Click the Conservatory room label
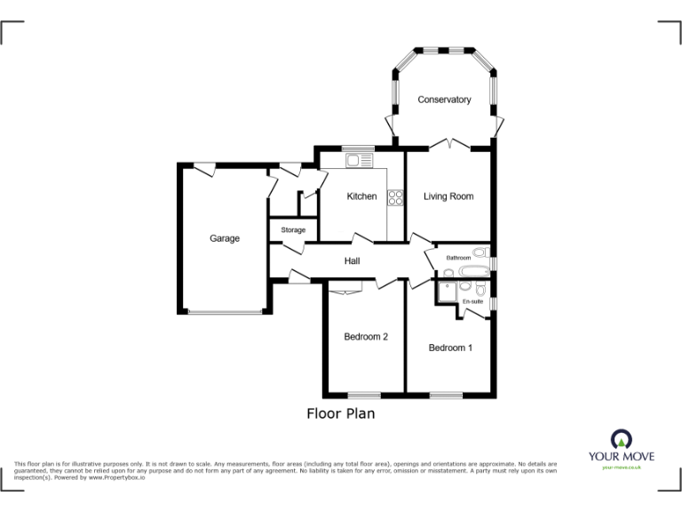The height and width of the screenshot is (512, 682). pyautogui.click(x=444, y=100)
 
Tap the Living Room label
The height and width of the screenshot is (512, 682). pyautogui.click(x=448, y=196)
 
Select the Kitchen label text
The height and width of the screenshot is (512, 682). pyautogui.click(x=361, y=196)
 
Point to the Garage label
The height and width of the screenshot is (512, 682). pyautogui.click(x=225, y=238)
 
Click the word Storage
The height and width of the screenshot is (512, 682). pyautogui.click(x=293, y=230)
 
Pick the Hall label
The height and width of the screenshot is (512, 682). pyautogui.click(x=352, y=260)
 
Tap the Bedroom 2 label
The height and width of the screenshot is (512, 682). pyautogui.click(x=366, y=337)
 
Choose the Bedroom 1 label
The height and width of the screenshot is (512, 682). pyautogui.click(x=450, y=348)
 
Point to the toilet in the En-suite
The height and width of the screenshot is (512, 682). pyautogui.click(x=480, y=290)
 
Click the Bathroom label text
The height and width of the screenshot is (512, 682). pyautogui.click(x=458, y=258)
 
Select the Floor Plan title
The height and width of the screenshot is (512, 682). pyautogui.click(x=341, y=413)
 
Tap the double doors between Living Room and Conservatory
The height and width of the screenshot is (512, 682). pyautogui.click(x=450, y=145)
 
